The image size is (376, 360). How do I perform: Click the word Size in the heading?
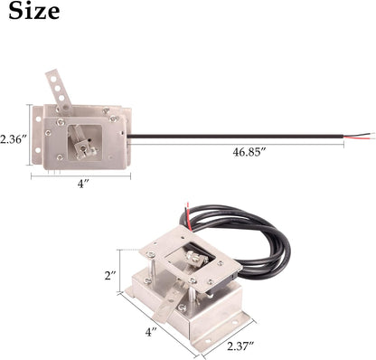tap(34, 12)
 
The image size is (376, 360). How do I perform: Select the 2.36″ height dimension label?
tap(14, 139)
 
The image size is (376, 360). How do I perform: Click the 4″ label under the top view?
tap(82, 184)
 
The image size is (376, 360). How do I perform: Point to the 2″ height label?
tap(110, 276)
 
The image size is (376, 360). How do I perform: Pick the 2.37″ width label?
tap(240, 346)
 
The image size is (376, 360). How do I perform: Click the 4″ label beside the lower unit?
tap(151, 332)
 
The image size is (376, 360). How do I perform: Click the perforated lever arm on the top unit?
tap(59, 90)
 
